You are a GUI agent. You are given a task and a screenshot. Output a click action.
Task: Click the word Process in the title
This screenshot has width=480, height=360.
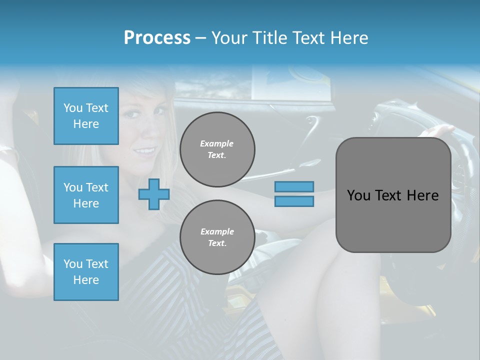[157, 38]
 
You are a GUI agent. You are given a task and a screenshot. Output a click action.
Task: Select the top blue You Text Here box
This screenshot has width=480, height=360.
[86, 116]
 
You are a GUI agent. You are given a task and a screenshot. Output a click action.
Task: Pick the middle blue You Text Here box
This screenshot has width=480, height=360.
[86, 195]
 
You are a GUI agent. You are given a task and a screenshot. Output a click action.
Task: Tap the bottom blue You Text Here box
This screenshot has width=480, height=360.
[86, 272]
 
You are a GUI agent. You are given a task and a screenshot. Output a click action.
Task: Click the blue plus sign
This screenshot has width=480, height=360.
[154, 194]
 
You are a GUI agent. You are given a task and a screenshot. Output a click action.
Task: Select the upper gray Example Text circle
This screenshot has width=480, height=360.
[217, 149]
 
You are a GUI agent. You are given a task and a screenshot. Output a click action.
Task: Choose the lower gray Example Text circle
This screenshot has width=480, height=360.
[217, 237]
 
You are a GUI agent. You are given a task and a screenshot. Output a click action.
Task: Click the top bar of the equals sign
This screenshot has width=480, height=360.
[294, 186]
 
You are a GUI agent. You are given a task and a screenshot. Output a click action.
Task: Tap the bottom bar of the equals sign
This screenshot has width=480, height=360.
[294, 201]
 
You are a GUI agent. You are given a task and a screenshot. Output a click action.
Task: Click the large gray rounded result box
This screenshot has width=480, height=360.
[393, 195]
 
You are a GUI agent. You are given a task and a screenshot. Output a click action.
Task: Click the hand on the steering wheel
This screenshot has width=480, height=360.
[437, 131]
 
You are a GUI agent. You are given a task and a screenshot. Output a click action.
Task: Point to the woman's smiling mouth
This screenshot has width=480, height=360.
[146, 150]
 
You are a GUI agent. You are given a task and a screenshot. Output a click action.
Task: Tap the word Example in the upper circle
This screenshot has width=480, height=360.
[217, 143]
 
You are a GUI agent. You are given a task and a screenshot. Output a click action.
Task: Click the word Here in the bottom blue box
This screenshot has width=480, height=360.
[86, 280]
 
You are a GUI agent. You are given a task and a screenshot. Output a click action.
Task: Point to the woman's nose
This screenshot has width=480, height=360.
[148, 132]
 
